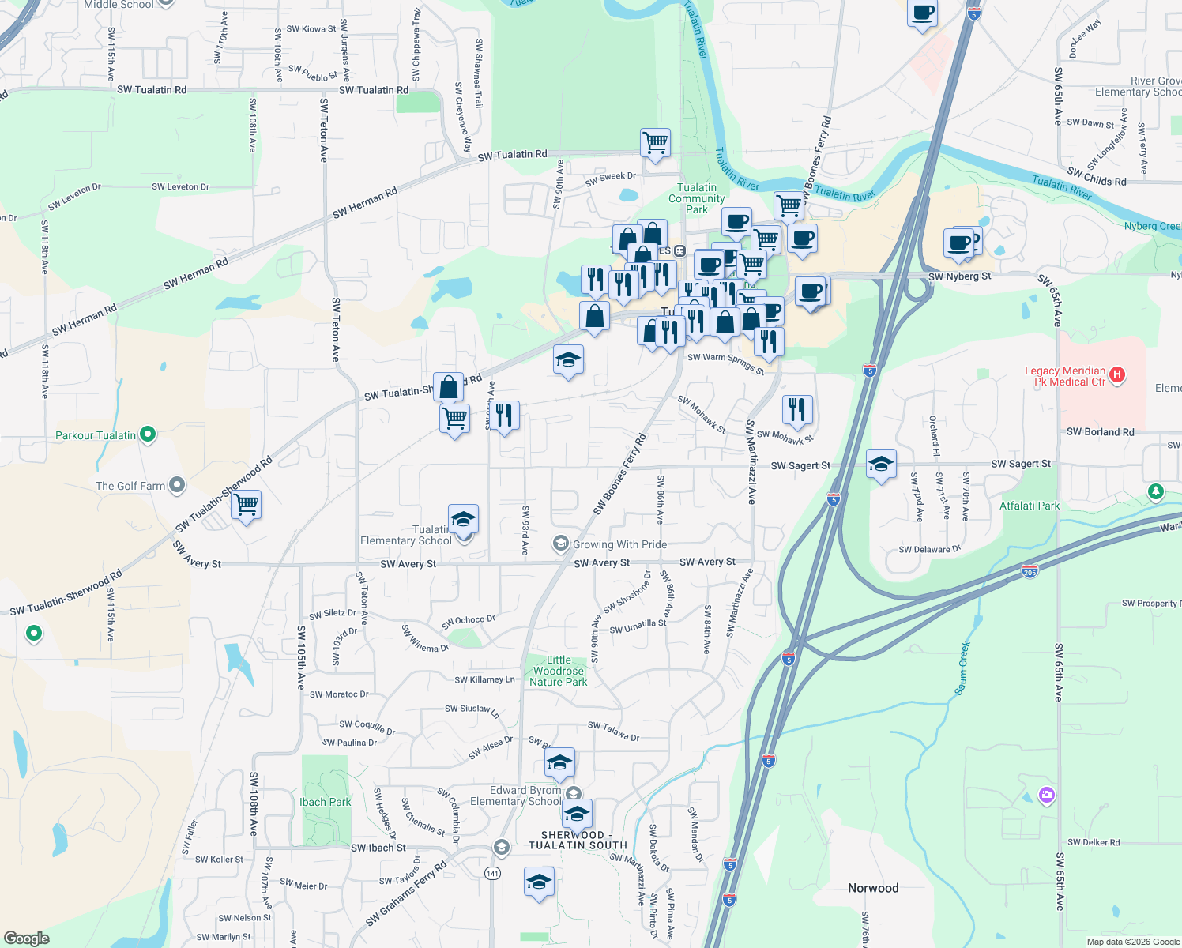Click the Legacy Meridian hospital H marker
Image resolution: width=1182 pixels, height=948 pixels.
1117,375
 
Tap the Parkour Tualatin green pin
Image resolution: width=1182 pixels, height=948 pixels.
148,434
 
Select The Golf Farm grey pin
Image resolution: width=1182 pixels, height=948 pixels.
177,485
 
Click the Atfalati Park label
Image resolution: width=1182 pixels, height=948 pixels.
1030,506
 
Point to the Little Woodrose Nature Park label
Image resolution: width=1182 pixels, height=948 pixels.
559,671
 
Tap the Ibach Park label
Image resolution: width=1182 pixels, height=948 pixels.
325,802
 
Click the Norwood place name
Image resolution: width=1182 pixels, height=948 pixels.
873,888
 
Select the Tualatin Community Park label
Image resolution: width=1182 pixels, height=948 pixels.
696,198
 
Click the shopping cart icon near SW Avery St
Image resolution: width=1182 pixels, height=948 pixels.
247,505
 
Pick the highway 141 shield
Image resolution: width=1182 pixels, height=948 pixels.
493,873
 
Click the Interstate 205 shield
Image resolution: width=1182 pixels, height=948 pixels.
1030,571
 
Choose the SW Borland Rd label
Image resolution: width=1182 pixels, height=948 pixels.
1100,432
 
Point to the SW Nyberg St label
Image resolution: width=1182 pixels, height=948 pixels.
959,276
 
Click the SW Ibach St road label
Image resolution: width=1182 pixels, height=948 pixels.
378,848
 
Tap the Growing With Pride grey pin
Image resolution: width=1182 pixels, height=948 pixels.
561,544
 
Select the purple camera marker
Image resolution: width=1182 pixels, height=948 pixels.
1047,795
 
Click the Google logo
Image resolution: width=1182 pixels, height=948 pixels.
27,939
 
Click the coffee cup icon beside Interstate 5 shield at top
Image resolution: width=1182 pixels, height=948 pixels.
922,13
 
